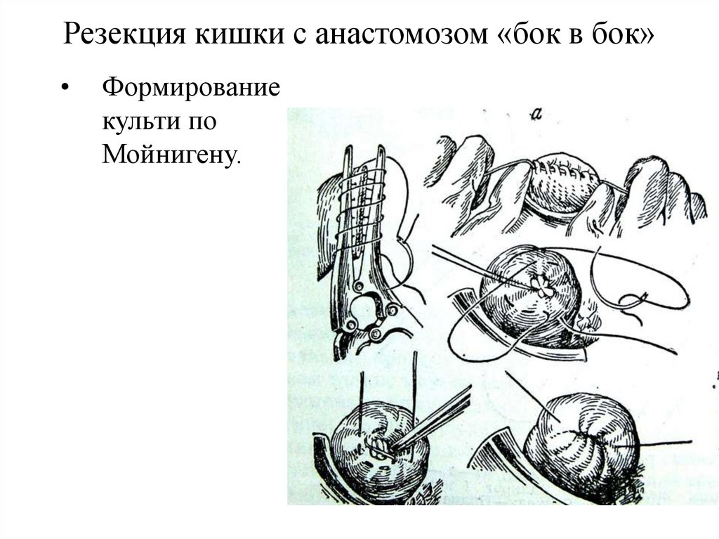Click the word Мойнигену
point(172,153)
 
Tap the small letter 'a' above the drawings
point(536,116)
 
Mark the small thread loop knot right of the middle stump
point(635,301)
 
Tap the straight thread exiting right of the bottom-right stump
point(667,443)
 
